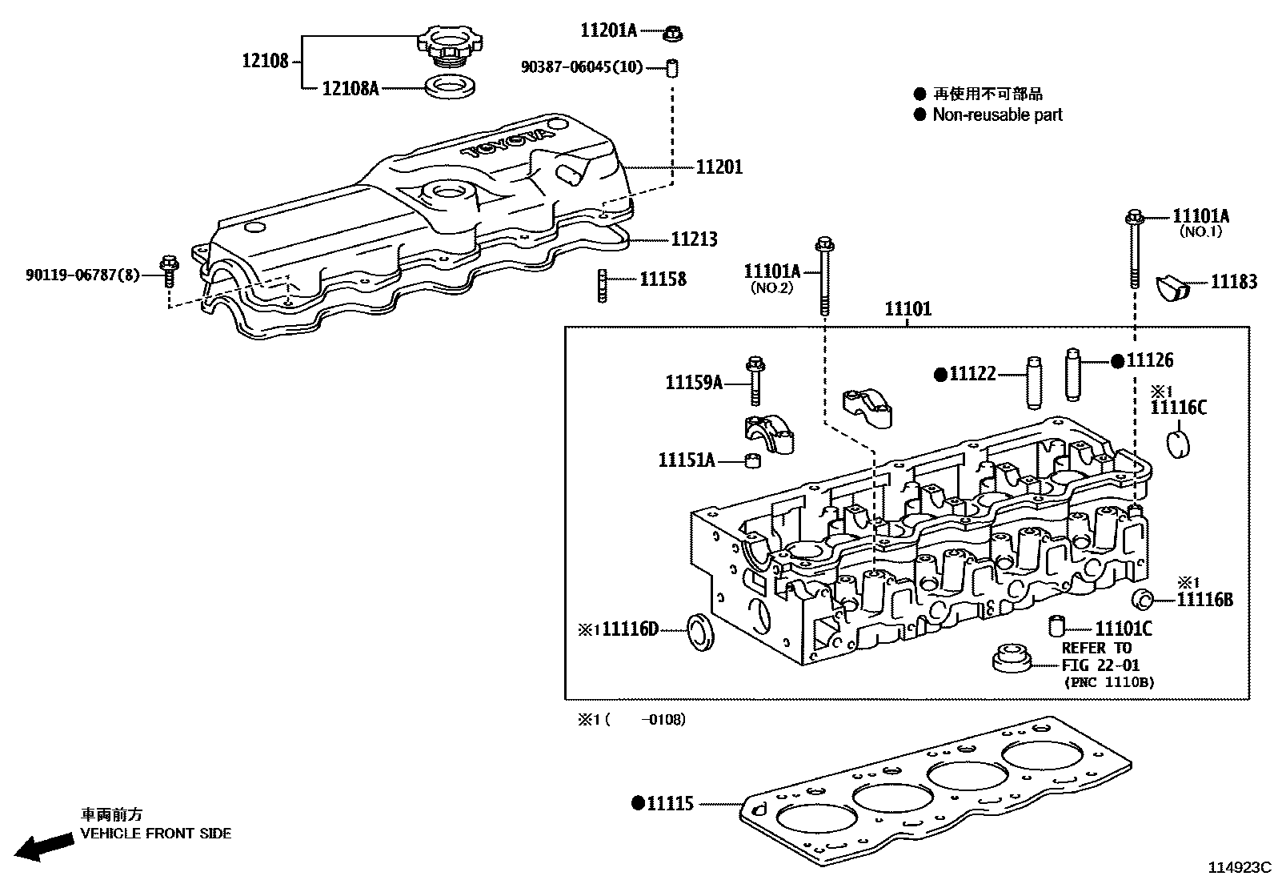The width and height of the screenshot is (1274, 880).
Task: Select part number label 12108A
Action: (350, 88)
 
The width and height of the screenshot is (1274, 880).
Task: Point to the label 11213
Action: (693, 239)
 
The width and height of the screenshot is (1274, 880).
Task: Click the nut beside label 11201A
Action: (673, 34)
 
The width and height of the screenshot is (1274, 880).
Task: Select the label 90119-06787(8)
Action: (82, 275)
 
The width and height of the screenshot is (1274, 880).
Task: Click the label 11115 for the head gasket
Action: (670, 803)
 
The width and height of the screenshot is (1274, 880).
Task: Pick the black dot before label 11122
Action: (941, 374)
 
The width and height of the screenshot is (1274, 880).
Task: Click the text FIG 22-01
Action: (1100, 665)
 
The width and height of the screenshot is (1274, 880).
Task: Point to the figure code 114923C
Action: (1239, 867)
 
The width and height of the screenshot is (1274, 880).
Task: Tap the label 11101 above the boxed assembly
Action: (907, 309)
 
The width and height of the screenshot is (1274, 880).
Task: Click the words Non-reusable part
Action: (997, 115)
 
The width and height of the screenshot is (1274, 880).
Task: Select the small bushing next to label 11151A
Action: (751, 460)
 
